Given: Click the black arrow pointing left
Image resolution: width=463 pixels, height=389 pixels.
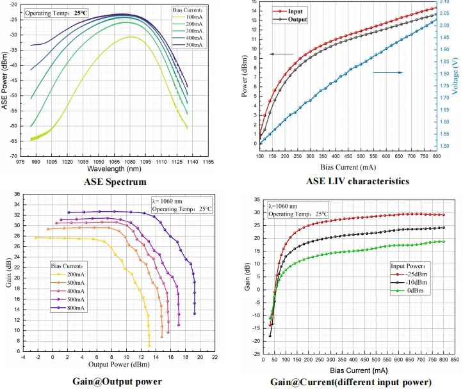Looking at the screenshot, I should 281,54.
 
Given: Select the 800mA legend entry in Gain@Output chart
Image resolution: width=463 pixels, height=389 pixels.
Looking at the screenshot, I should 70,307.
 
